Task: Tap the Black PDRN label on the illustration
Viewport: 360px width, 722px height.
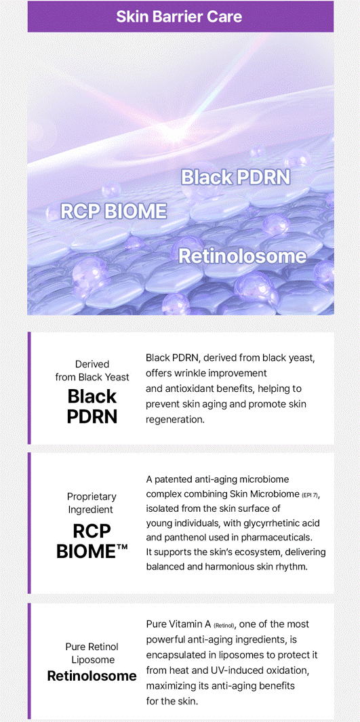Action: coord(236,177)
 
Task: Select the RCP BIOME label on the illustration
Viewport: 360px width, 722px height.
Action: coord(113,211)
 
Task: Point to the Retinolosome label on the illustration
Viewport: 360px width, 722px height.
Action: coord(242,256)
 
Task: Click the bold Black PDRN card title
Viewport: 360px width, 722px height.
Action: coord(92,405)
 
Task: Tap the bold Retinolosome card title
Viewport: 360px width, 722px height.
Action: coord(92,676)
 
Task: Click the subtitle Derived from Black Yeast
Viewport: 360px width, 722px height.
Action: coord(92,371)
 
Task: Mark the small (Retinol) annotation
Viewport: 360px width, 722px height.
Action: coord(224,626)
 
